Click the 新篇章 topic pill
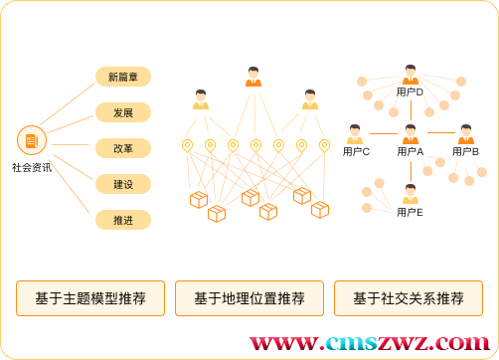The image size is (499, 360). tap(123, 77)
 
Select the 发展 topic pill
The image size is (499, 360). tap(123, 112)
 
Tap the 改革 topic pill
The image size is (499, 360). tap(123, 148)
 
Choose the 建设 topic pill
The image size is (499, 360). tap(123, 184)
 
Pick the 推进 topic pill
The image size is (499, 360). tap(123, 220)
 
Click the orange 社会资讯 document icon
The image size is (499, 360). tap(32, 141)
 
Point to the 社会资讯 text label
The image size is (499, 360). tap(32, 168)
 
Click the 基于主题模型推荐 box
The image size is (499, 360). tap(90, 298)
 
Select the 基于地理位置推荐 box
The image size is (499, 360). tap(249, 298)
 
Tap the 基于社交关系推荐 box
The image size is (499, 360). tap(409, 298)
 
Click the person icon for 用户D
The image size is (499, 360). tap(410, 76)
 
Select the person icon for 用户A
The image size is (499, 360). tap(410, 134)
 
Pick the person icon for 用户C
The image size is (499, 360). tap(356, 134)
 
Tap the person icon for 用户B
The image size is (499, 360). tap(465, 134)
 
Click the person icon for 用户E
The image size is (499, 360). tap(410, 195)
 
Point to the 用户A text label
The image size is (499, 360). tap(410, 152)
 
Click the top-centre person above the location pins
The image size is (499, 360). tap(253, 77)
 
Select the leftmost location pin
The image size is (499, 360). tap(187, 145)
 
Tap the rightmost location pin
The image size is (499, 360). tap(324, 145)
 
